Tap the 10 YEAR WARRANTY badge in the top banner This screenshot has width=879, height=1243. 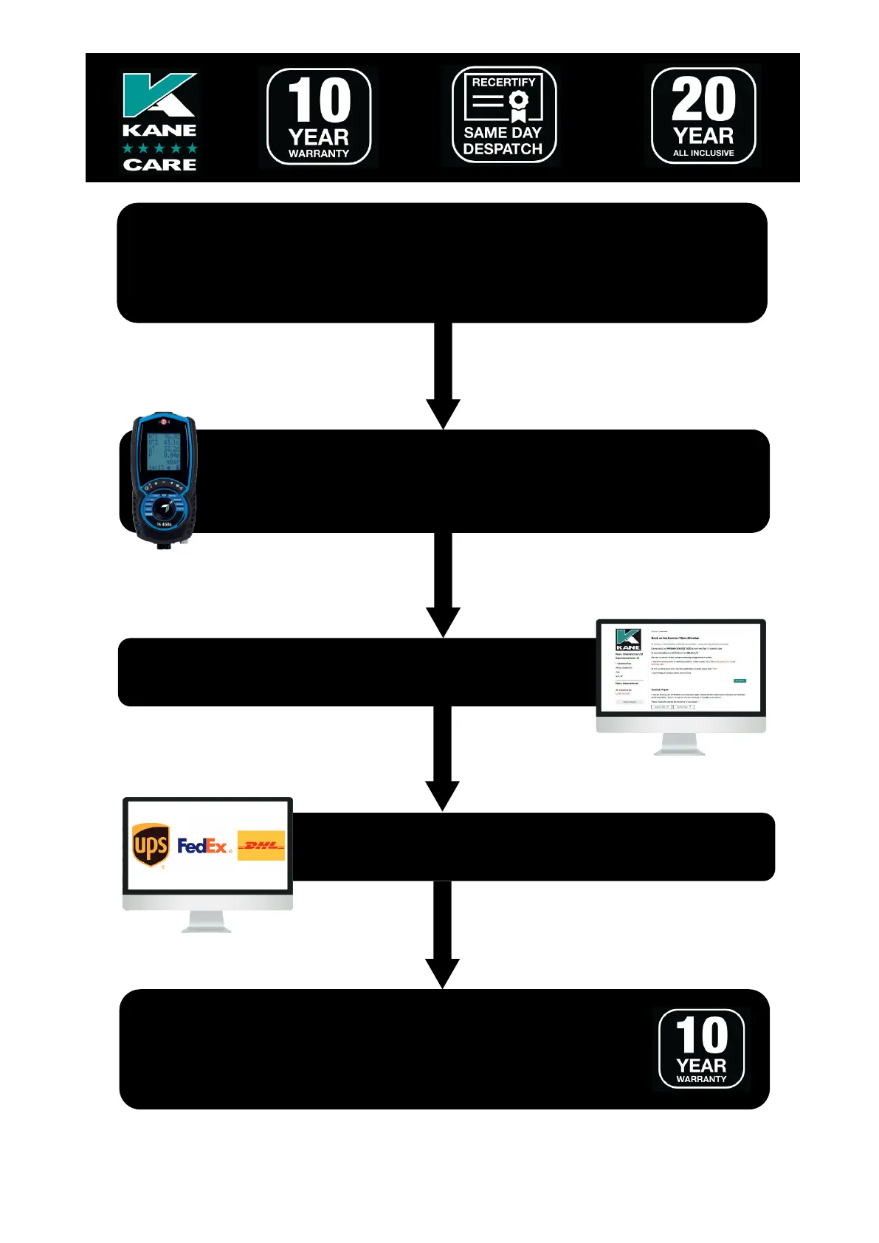point(319,117)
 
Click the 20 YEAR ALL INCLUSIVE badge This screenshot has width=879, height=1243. point(703,116)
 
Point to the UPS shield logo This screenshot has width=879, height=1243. point(151,844)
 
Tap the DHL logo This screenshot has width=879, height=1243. point(261,846)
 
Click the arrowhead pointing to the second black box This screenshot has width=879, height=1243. point(443,413)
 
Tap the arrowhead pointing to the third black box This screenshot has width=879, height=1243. point(443,621)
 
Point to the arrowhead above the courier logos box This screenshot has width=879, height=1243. point(443,796)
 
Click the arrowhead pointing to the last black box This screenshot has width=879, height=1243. point(443,973)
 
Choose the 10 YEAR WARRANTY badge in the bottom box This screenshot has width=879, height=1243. point(701,1049)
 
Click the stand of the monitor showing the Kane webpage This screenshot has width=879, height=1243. point(680,744)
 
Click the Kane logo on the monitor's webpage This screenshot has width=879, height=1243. point(628,639)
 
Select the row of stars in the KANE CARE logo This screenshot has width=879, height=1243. point(159,148)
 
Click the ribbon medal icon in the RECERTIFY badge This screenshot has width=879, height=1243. point(519,105)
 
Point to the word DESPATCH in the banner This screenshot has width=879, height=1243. point(503,149)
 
